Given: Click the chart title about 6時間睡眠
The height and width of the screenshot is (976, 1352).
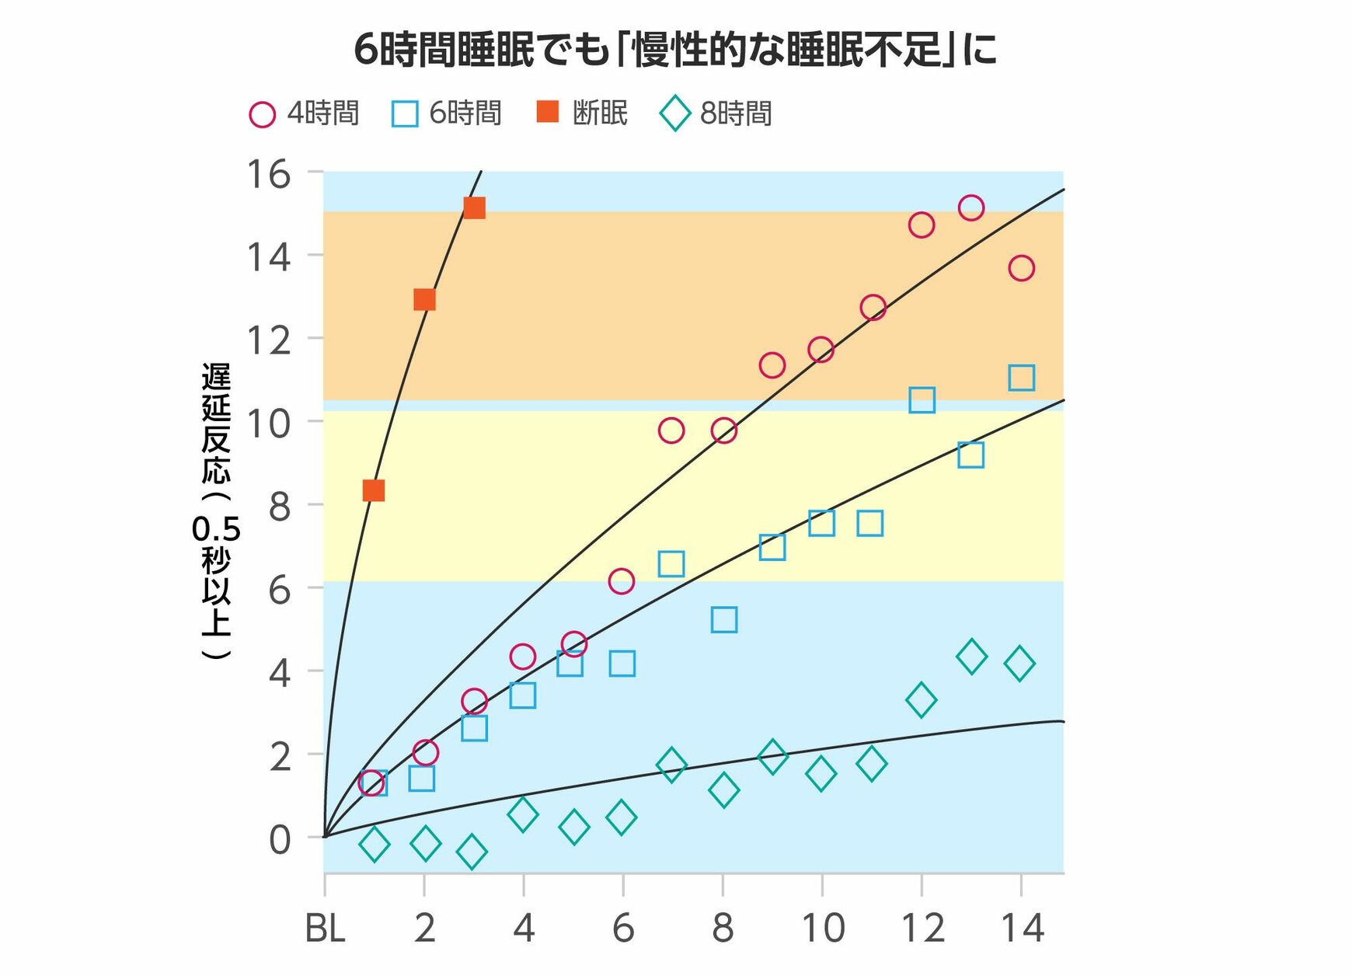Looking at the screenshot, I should pyautogui.click(x=675, y=51).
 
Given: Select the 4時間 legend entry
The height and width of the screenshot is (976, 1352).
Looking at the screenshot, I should pyautogui.click(x=304, y=114).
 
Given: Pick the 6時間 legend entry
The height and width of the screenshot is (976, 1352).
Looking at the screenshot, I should pyautogui.click(x=447, y=114).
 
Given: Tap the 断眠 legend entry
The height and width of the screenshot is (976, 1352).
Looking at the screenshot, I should pyautogui.click(x=583, y=113).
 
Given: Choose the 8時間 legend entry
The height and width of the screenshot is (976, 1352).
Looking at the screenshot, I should pyautogui.click(x=716, y=114).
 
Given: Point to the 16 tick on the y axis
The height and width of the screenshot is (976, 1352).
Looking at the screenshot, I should pyautogui.click(x=269, y=174).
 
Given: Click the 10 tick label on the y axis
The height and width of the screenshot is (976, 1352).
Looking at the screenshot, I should pyautogui.click(x=269, y=424).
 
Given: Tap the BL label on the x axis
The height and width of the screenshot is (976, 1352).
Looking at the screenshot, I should pyautogui.click(x=325, y=929).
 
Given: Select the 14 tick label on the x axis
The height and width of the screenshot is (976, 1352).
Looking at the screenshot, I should pyautogui.click(x=1021, y=929).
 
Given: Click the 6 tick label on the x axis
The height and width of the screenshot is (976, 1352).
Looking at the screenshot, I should pyautogui.click(x=623, y=929).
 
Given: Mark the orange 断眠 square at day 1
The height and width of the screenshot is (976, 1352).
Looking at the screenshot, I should pyautogui.click(x=374, y=490).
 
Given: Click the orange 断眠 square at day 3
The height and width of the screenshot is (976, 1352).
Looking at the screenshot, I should pyautogui.click(x=474, y=207).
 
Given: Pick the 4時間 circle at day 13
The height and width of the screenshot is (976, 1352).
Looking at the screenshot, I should pyautogui.click(x=971, y=207).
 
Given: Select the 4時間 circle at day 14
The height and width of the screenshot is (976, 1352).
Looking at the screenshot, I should pyautogui.click(x=1021, y=268).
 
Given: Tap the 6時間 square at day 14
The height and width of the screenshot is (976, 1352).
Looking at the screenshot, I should pyautogui.click(x=1021, y=378).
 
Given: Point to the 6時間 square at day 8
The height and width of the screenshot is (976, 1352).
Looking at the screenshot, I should pyautogui.click(x=723, y=619).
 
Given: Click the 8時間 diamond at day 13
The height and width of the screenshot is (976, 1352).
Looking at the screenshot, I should pyautogui.click(x=971, y=657).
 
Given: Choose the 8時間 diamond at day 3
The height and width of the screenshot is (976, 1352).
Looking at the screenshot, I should pyautogui.click(x=472, y=852).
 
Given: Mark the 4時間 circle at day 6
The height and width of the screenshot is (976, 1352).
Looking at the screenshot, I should pyautogui.click(x=622, y=580).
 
